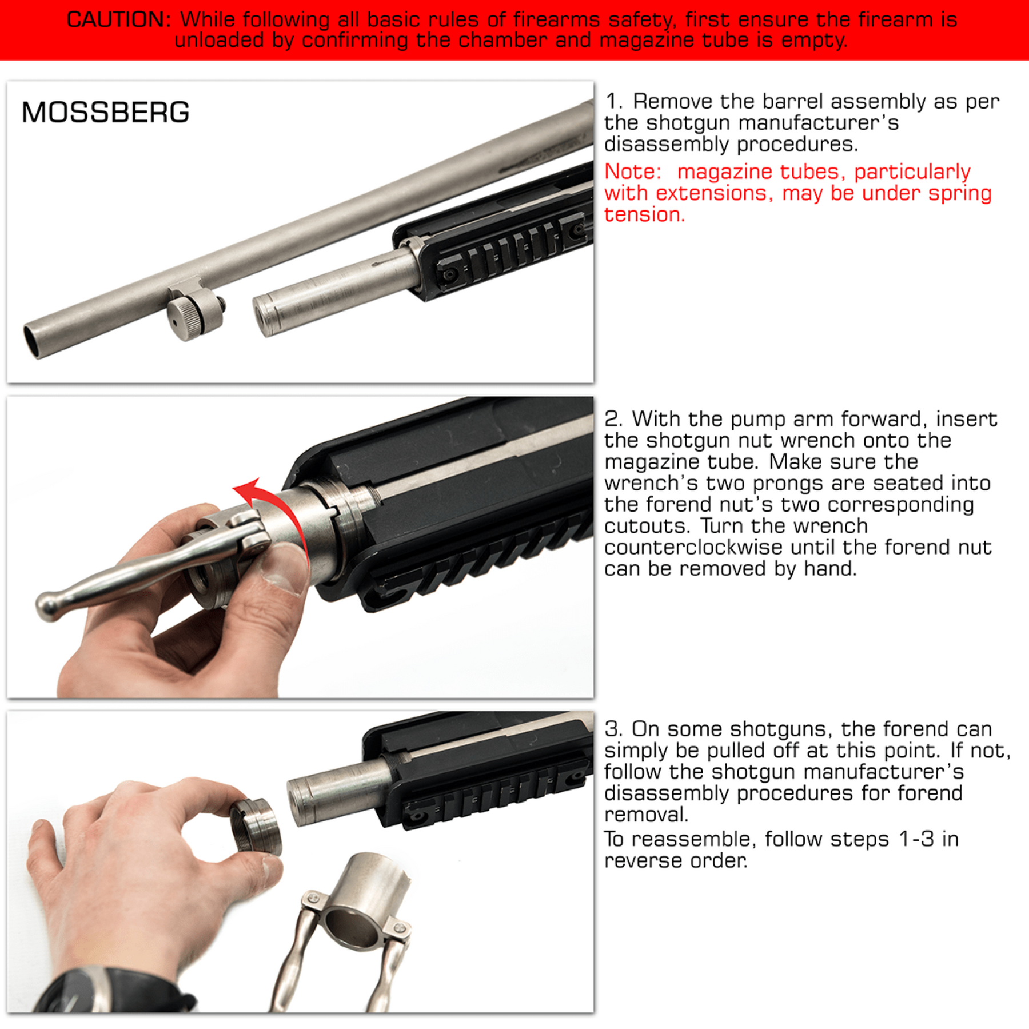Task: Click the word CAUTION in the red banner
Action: click(118, 19)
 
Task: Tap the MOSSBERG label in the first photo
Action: click(105, 112)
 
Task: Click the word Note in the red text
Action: click(632, 171)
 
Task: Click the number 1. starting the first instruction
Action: click(613, 102)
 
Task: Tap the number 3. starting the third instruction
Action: click(613, 729)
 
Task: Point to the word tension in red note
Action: click(644, 214)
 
